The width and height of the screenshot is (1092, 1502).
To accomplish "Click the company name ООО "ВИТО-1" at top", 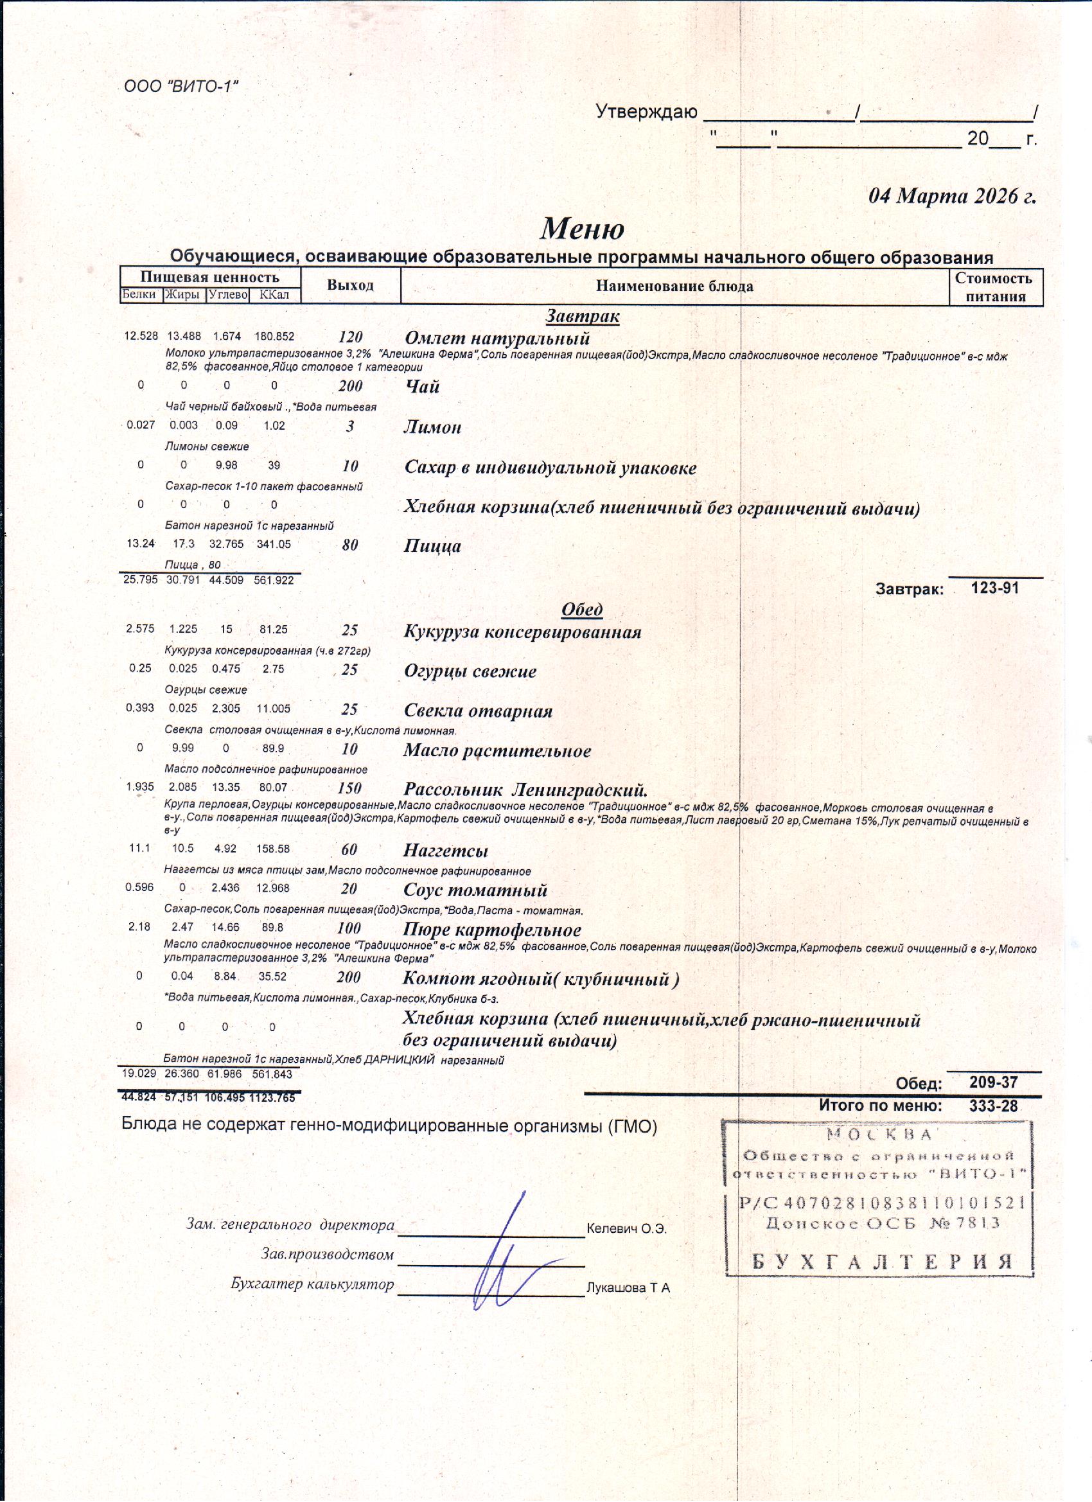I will point(180,87).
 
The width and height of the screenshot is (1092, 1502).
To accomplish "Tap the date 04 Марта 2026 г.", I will point(951,197).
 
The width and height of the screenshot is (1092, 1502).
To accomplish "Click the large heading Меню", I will point(581,229).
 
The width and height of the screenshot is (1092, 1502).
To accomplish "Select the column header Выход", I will point(350,285).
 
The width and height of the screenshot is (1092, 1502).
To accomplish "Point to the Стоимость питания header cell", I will point(994,287).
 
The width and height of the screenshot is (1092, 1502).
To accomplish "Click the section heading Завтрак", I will point(582,317).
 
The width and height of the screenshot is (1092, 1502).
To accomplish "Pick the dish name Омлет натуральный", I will point(497,339).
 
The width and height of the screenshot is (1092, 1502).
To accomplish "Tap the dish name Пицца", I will point(432,545).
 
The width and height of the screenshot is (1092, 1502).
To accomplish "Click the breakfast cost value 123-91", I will point(994,587).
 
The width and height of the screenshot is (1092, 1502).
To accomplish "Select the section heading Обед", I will point(581,609).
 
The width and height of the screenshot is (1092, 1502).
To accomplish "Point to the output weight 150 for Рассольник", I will point(349,788).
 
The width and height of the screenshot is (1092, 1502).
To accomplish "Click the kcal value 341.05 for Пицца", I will point(274,544).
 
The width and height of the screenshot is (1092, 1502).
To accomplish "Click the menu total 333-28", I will point(992,1106).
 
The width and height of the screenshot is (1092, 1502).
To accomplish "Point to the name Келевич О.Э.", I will point(626,1229).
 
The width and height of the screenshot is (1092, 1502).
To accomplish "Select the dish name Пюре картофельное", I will point(492,930).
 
